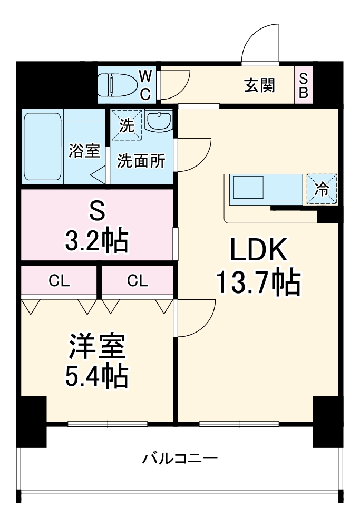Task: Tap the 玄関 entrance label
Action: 259,85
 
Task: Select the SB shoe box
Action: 304,85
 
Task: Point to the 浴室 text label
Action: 84,151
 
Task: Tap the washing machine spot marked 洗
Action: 127,125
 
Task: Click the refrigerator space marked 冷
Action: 322,189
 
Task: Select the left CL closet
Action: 59,281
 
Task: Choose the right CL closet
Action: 137,281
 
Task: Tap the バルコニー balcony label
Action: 180,457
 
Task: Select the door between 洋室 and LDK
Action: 195,316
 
